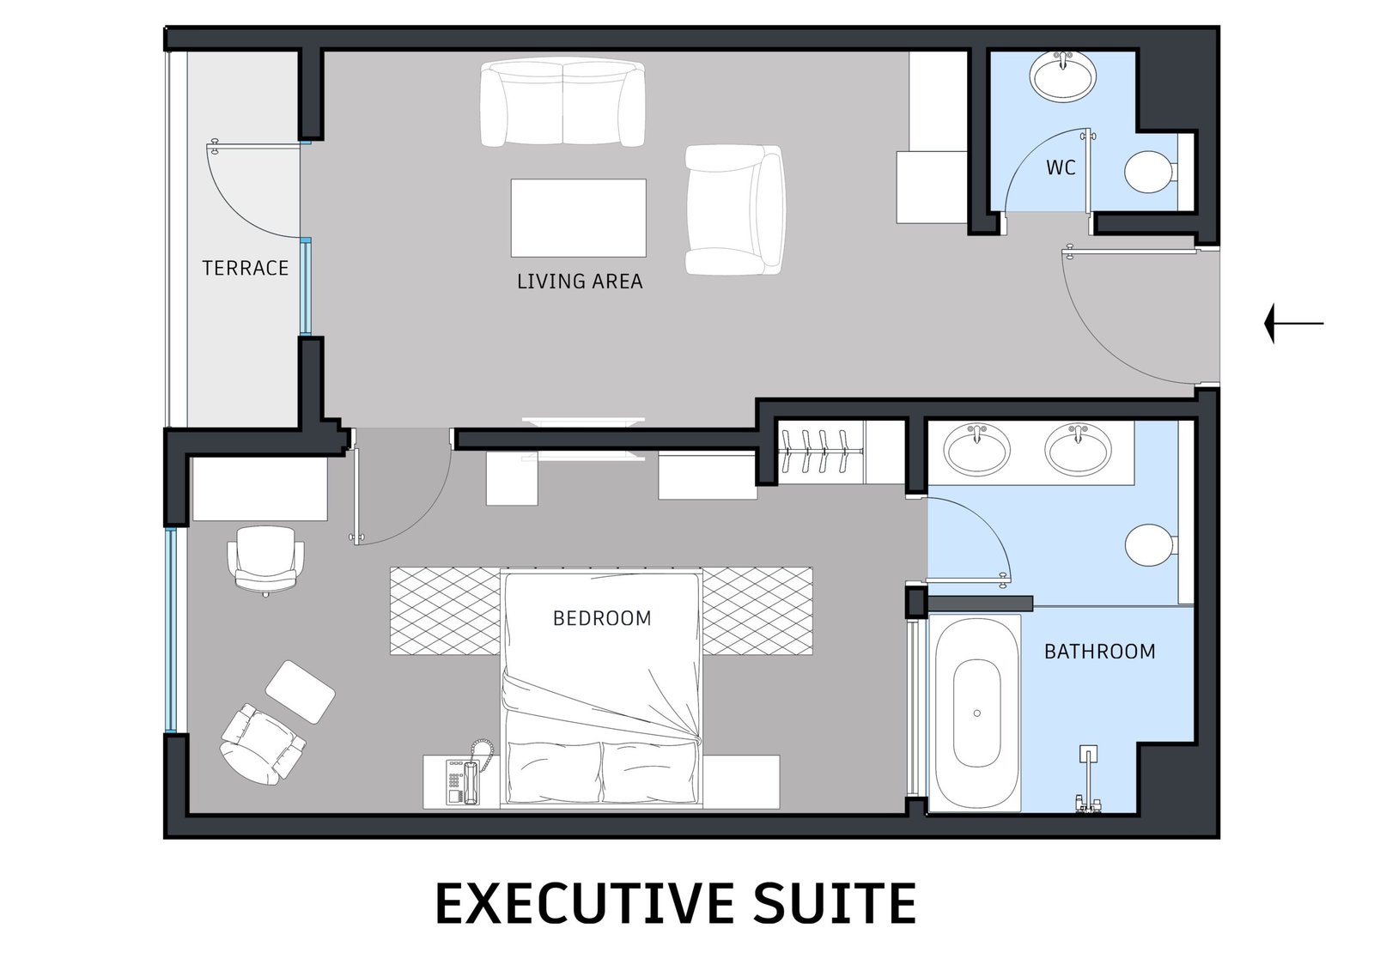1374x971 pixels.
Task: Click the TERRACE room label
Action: tap(246, 268)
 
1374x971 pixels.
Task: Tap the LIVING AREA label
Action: tap(580, 282)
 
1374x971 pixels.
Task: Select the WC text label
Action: tap(1061, 167)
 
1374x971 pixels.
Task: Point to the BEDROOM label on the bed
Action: tap(602, 618)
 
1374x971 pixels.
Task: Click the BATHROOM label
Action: tap(1100, 652)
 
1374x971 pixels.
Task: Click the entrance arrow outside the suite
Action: tap(1294, 324)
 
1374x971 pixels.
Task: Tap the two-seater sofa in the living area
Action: tap(562, 102)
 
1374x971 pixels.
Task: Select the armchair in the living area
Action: tap(735, 209)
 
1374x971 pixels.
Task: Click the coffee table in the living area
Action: tap(579, 218)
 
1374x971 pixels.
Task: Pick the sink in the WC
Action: tap(1062, 77)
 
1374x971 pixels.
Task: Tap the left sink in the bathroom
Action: tap(976, 448)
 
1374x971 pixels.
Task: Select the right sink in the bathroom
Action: tap(1078, 448)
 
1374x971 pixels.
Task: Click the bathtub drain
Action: tap(977, 713)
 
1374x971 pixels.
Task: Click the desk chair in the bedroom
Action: tap(265, 561)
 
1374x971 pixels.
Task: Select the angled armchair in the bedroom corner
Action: tap(262, 744)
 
